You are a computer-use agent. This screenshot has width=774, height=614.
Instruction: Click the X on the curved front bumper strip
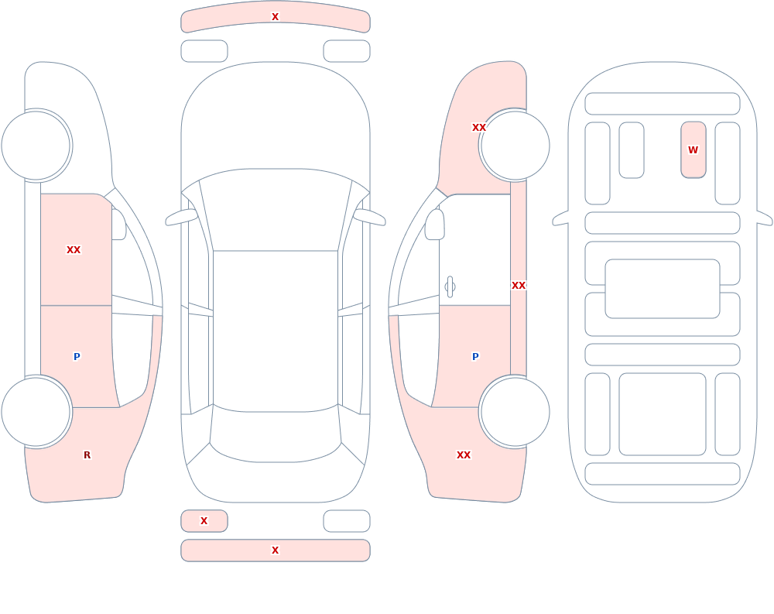click(x=275, y=17)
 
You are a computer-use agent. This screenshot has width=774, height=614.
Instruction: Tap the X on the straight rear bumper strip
click(x=275, y=551)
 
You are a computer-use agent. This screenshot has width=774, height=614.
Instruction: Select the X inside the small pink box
click(x=204, y=520)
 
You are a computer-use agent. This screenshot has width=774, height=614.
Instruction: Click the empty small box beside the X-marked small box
click(x=347, y=521)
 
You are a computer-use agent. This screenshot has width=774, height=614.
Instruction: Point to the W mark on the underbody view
click(x=693, y=149)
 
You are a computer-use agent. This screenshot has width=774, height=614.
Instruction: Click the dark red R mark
click(x=87, y=455)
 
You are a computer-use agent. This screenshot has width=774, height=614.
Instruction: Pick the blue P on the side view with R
click(x=77, y=357)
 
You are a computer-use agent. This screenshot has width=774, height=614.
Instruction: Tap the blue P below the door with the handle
click(x=475, y=357)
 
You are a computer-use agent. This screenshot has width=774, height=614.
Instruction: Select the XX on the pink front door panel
click(x=74, y=250)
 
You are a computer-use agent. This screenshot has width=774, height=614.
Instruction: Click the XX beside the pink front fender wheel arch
click(x=479, y=128)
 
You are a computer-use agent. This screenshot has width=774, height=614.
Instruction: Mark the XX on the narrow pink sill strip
click(x=519, y=286)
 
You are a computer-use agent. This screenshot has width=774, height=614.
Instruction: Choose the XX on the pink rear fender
click(x=464, y=455)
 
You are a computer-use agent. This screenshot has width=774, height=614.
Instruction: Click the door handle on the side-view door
click(x=450, y=287)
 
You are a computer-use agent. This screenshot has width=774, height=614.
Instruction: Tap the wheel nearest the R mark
click(x=36, y=412)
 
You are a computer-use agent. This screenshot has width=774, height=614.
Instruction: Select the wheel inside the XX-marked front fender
click(x=515, y=146)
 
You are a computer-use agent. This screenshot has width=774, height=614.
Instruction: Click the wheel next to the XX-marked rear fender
click(x=515, y=412)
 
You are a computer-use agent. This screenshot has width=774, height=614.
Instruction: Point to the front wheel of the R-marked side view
click(x=36, y=146)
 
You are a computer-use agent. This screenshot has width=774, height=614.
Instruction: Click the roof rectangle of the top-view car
click(x=276, y=331)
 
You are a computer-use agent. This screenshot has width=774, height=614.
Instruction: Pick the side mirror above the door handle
click(x=434, y=225)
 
